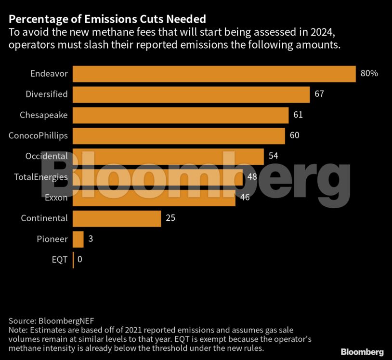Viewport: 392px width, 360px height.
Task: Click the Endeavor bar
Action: tap(214, 74)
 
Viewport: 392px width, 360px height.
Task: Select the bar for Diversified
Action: tap(191, 94)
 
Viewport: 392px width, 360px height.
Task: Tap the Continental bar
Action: tap(117, 218)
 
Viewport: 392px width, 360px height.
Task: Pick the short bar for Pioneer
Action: tap(78, 239)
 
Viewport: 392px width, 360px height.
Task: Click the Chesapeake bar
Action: tap(180, 115)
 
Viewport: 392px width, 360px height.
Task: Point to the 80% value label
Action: tap(369, 74)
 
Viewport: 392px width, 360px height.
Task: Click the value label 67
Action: tap(319, 94)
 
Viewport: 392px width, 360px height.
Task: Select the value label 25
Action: tap(170, 218)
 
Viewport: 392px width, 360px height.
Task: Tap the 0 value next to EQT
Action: tap(79, 259)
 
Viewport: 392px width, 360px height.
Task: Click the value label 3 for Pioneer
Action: tap(91, 239)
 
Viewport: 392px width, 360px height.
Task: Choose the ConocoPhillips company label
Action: tap(38, 135)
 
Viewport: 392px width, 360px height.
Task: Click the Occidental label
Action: tap(46, 156)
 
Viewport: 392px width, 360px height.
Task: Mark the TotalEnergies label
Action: tap(40, 177)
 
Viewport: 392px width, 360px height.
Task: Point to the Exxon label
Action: tap(56, 198)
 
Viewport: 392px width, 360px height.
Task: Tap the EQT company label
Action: tap(60, 259)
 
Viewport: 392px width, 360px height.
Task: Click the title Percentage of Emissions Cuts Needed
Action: tap(107, 19)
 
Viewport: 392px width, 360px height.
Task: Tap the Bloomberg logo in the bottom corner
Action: tap(362, 352)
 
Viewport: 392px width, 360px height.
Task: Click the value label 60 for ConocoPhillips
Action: tap(295, 135)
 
